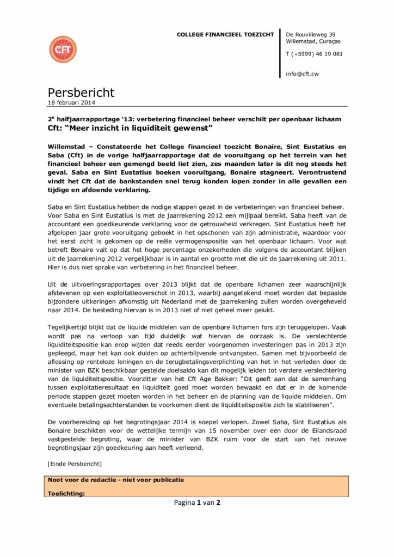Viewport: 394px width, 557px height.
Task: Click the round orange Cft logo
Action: [63, 49]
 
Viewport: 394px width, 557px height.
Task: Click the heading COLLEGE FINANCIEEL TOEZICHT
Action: [225, 35]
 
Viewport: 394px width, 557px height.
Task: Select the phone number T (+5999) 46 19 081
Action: [314, 54]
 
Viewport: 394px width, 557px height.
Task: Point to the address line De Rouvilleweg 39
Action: [310, 34]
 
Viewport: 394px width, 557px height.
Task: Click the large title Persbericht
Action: [81, 93]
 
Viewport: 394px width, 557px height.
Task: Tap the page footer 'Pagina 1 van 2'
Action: [197, 503]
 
